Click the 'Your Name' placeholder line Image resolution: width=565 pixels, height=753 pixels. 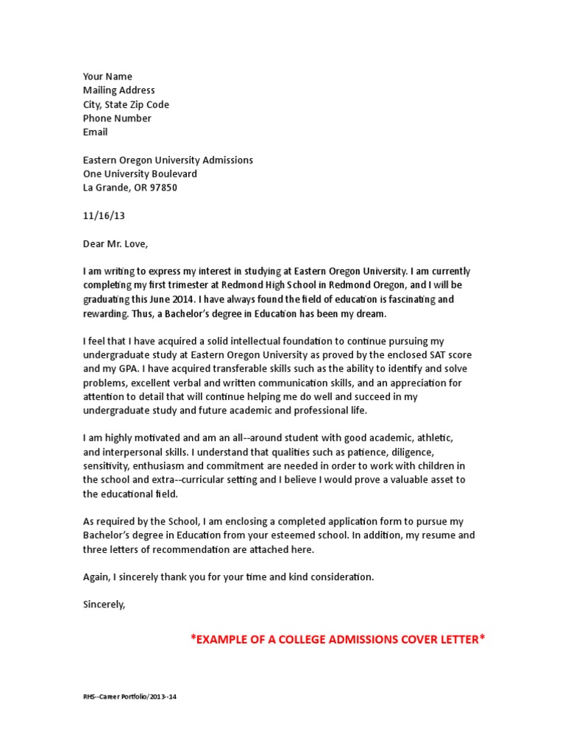click(107, 76)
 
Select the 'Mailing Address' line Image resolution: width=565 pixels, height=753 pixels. click(118, 90)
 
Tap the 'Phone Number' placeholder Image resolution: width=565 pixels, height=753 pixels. click(117, 118)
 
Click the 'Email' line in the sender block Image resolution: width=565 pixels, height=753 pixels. click(95, 132)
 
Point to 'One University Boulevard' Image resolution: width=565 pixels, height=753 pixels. click(140, 174)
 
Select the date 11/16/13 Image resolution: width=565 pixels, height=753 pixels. click(99, 216)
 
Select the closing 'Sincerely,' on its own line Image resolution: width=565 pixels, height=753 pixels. click(104, 604)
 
